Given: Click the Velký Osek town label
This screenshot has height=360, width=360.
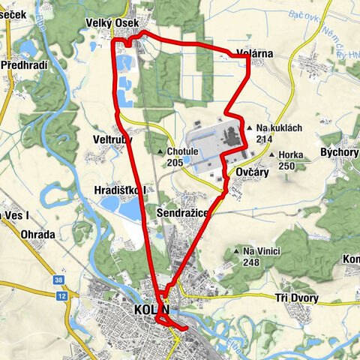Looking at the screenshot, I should [x=115, y=24].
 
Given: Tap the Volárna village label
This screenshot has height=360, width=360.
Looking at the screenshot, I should [x=254, y=53].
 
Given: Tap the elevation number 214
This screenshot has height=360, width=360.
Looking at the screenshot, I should [x=263, y=139].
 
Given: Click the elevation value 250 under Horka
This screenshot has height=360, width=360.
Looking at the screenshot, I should [x=286, y=165].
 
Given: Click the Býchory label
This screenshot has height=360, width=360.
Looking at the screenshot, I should [x=339, y=151].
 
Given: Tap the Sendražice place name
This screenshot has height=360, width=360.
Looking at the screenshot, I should [x=181, y=213].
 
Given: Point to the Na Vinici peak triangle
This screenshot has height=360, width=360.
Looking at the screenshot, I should [x=236, y=251].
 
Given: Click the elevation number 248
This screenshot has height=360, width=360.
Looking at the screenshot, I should [x=251, y=262].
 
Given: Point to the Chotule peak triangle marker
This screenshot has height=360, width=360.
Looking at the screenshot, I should [x=160, y=151].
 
